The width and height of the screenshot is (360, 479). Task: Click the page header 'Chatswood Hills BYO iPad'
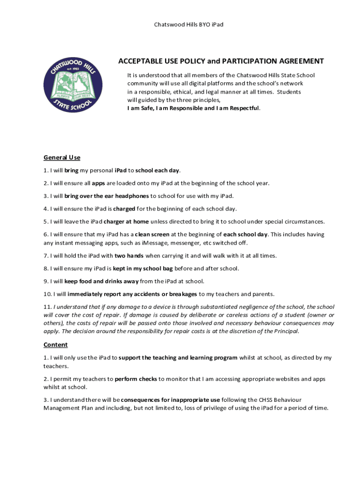tap(188, 24)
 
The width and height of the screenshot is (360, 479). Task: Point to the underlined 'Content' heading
tap(56, 345)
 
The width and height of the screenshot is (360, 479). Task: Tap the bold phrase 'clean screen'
tap(152, 234)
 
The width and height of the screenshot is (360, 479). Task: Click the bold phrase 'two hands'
tap(129, 255)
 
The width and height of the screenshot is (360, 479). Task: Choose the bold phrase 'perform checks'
tap(136, 379)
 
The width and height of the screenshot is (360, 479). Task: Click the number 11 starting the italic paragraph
tap(47, 307)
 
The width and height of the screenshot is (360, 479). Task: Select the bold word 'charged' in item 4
tap(124, 209)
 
